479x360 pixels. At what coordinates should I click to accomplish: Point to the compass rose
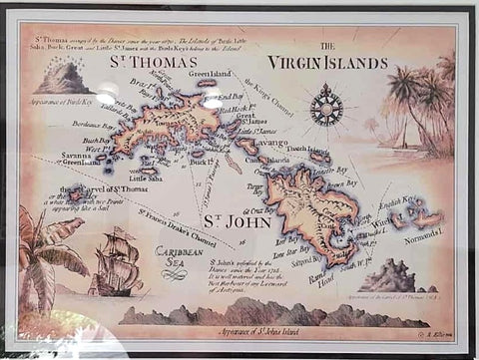326,104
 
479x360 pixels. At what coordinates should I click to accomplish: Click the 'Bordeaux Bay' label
89,125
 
